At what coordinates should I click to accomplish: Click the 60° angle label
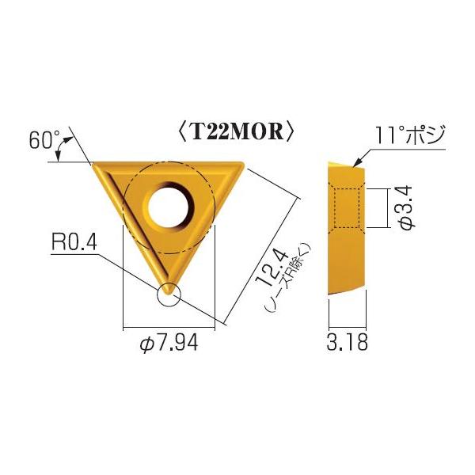(x=44, y=141)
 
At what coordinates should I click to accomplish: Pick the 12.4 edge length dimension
(x=264, y=266)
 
